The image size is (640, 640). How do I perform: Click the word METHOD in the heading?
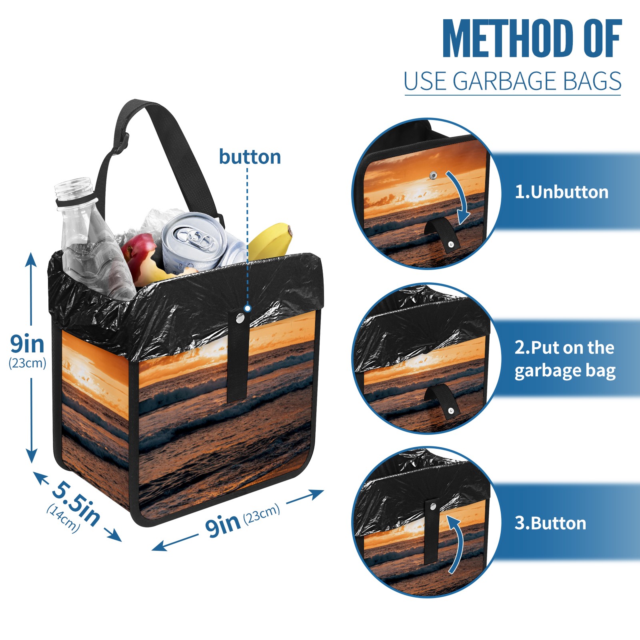tap(508, 38)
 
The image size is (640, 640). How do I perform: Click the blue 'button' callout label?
tap(250, 157)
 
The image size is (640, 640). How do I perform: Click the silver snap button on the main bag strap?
tap(240, 318)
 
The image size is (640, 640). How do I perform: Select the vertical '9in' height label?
tap(27, 343)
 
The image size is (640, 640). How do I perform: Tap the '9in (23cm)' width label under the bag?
tap(242, 520)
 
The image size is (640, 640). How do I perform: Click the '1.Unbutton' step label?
tap(561, 192)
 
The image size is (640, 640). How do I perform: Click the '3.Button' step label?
tap(550, 523)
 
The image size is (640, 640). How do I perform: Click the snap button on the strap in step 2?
tap(451, 411)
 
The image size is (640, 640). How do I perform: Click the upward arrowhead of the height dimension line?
tap(31, 259)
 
